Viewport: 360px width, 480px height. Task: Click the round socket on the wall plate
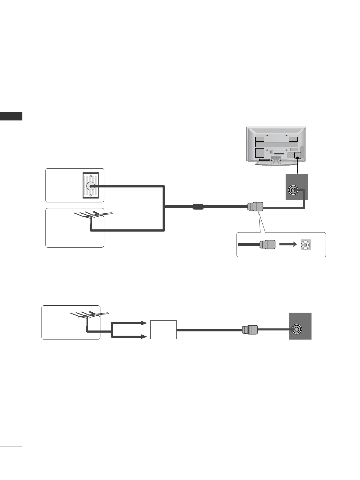coord(90,186)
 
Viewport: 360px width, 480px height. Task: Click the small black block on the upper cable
coord(198,207)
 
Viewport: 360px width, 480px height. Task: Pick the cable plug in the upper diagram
coord(255,207)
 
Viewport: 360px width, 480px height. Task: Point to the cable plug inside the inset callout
coord(267,245)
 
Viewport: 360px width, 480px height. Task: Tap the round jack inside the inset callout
coord(306,245)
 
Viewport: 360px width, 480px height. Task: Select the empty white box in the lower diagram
coord(163,330)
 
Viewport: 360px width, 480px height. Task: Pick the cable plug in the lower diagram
coord(250,330)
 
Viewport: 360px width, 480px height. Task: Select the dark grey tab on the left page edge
coord(11,116)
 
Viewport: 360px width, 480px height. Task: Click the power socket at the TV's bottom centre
coord(276,157)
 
